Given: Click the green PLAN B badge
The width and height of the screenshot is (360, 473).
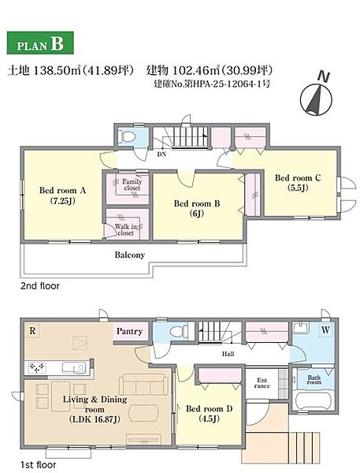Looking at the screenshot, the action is coord(40,43).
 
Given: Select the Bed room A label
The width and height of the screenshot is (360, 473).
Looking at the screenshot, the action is coord(63,196).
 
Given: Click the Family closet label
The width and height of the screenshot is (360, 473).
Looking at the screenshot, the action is coord(132,184).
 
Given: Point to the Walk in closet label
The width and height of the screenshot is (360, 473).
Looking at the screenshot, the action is coord(126,229).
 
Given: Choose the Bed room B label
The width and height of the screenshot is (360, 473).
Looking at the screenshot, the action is coord(197,208).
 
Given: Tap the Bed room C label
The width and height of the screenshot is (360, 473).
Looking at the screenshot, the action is coord(298,183).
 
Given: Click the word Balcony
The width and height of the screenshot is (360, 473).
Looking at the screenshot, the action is coord(130,255).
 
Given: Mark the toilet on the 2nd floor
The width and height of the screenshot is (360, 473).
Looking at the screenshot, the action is coord(128,136).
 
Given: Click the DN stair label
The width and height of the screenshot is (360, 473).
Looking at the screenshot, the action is coord(161,154).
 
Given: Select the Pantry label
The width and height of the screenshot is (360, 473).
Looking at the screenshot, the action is coord(129,331).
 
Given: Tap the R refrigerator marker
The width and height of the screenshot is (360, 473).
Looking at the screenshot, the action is coord(32,331).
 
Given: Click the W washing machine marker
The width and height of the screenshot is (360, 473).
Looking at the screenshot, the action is coord(325,330).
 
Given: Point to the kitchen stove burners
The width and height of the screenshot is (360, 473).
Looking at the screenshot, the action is coord(37,367).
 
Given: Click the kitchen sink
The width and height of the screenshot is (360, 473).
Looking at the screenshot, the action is coord(74,367).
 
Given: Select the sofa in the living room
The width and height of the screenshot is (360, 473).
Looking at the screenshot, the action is coord(143,385).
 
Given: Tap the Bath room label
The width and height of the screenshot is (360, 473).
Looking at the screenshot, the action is coord(314,380).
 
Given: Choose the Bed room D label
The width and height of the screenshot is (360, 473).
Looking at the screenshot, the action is coord(209,414).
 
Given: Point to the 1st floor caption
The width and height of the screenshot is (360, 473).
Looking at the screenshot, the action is coord(39,465).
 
